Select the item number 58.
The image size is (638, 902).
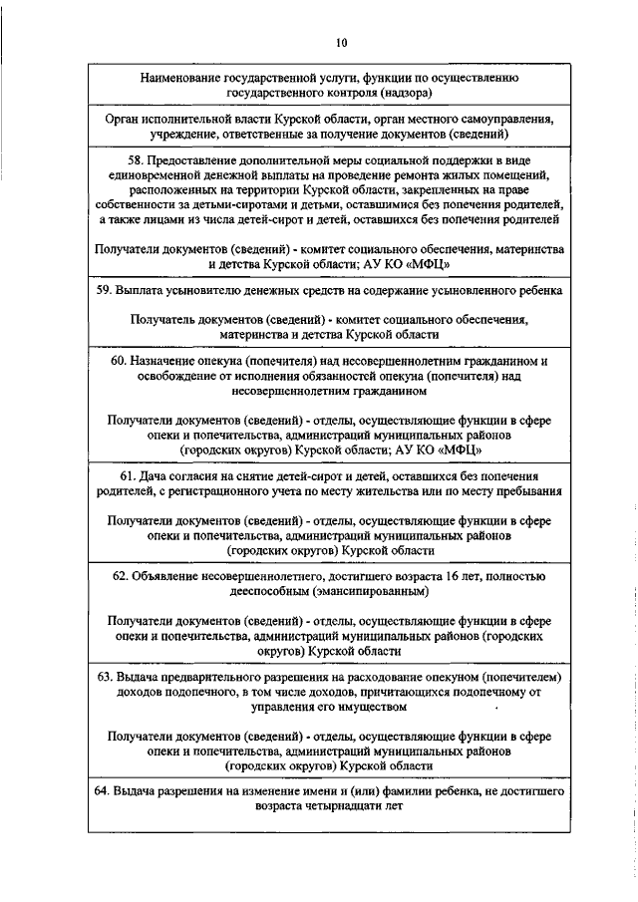click(142, 159)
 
